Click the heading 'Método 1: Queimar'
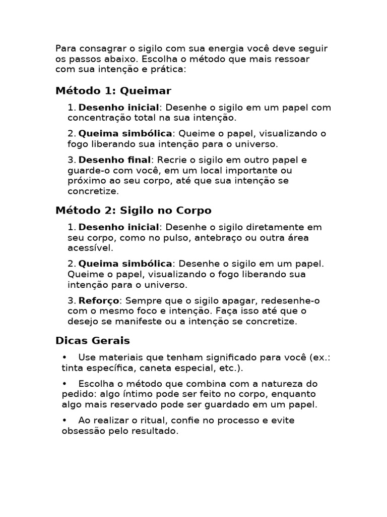point(113,91)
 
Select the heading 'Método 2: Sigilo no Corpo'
point(134,210)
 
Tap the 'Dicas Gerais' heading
point(93,340)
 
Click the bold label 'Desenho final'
point(115,160)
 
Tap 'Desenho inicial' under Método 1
point(119,108)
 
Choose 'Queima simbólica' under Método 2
point(125,264)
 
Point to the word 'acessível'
point(91,248)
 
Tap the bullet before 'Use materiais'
point(64,357)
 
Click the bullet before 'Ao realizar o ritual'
point(64,421)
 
